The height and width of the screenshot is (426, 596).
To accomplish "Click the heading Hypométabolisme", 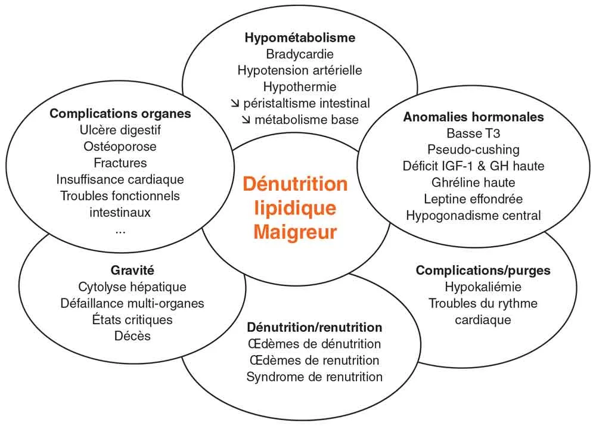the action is tap(300, 38).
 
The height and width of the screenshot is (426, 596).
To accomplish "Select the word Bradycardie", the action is tap(300, 54).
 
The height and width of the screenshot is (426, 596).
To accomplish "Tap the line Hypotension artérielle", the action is tap(300, 70).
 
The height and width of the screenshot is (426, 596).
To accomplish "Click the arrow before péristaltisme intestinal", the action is tap(234, 103).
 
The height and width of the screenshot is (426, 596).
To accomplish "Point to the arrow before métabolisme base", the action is tap(246, 120).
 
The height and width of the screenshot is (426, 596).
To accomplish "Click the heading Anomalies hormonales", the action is tap(473, 117).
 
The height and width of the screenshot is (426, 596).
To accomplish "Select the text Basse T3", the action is tap(473, 133).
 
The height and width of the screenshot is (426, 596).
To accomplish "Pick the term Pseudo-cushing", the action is tap(473, 149).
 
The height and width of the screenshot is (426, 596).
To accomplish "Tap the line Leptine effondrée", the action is tap(473, 198).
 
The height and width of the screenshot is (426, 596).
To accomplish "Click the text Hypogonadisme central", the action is tap(473, 215).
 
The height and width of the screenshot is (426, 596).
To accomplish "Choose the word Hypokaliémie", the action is tap(483, 287).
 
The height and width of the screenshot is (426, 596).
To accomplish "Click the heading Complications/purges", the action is tap(483, 270).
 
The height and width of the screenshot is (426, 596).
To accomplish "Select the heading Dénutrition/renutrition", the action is tap(314, 327).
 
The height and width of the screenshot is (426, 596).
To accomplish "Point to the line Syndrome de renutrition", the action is tap(314, 377).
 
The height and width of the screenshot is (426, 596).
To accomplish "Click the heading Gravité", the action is tap(132, 270).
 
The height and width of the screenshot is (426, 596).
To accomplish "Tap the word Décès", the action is tap(132, 336).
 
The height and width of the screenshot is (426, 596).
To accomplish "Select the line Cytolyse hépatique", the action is tap(132, 287).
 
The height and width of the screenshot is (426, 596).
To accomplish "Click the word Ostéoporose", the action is tap(120, 146).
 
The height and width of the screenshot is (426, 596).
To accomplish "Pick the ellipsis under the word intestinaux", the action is tap(120, 229).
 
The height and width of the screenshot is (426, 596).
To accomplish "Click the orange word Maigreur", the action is tap(295, 231).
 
